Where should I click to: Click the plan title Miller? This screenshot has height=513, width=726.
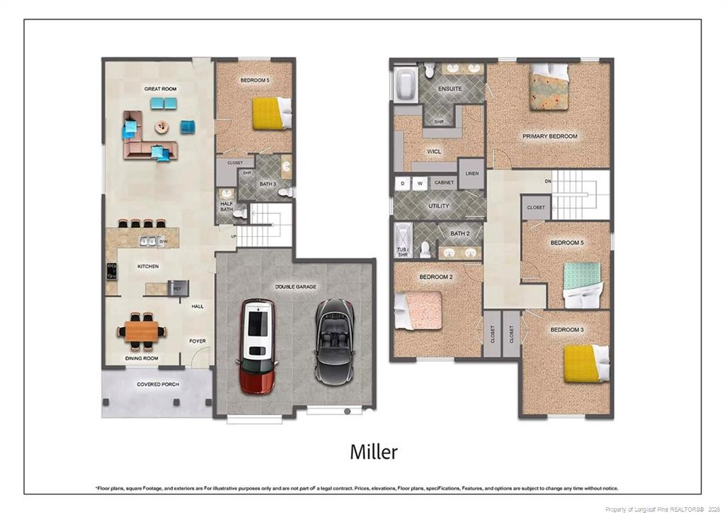(x=374, y=452)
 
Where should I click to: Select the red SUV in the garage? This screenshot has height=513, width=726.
(x=257, y=346)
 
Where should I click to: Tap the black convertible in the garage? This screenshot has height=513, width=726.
(x=335, y=341)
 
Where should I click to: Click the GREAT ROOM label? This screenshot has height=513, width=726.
(x=160, y=89)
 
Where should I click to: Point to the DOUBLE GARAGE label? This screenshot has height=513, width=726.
(x=296, y=287)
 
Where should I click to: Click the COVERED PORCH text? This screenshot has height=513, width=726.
(x=157, y=384)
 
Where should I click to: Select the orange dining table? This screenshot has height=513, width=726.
(x=143, y=331)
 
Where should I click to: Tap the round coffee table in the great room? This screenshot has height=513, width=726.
(x=162, y=127)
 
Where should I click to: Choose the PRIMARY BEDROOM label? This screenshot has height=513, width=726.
(x=549, y=136)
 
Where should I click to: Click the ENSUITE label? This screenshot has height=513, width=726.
(x=449, y=89)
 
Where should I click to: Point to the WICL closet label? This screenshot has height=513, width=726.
(x=435, y=151)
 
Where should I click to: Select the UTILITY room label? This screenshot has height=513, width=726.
(x=439, y=206)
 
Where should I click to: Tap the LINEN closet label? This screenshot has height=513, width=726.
(x=471, y=173)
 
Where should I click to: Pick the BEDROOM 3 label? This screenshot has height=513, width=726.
(x=567, y=329)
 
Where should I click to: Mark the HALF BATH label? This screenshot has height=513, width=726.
(x=226, y=206)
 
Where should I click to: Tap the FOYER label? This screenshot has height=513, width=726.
(x=197, y=341)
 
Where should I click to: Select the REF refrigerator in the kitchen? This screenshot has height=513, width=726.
(x=177, y=288)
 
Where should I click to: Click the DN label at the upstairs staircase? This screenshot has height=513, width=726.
(x=547, y=181)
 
